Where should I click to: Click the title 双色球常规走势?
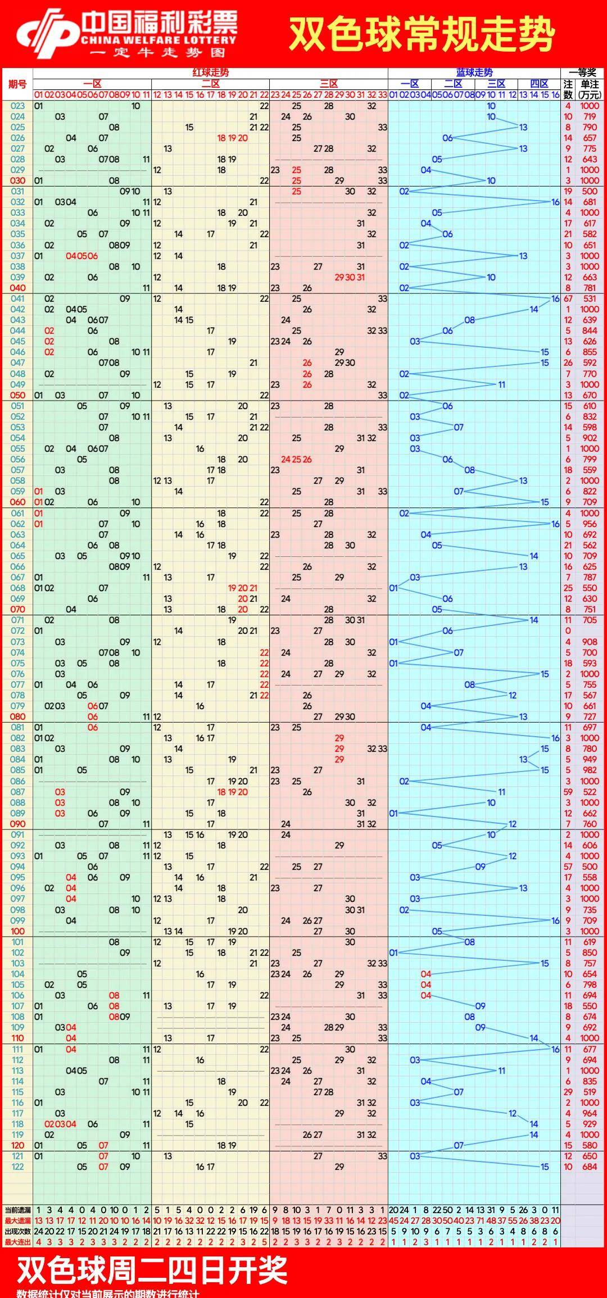point(422,34)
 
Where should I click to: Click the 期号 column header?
point(17,84)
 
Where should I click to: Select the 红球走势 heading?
point(211,72)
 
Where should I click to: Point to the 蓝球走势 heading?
point(474,72)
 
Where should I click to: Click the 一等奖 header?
point(582,72)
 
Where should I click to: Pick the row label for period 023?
point(17,106)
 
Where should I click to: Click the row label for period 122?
point(17,1167)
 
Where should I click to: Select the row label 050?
point(17,395)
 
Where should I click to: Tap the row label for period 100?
point(17,931)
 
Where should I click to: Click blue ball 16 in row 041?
point(555,299)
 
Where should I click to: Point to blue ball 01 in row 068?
point(393,588)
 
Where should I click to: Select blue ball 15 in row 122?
point(545,1167)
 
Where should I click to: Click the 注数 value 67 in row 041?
point(568,299)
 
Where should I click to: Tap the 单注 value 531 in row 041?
point(590,299)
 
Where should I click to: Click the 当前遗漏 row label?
point(17,1210)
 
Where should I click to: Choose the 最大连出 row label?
point(17,1242)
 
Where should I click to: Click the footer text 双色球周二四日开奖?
point(152,1270)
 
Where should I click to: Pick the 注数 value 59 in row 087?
point(568,792)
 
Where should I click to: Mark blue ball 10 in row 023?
point(491,106)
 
